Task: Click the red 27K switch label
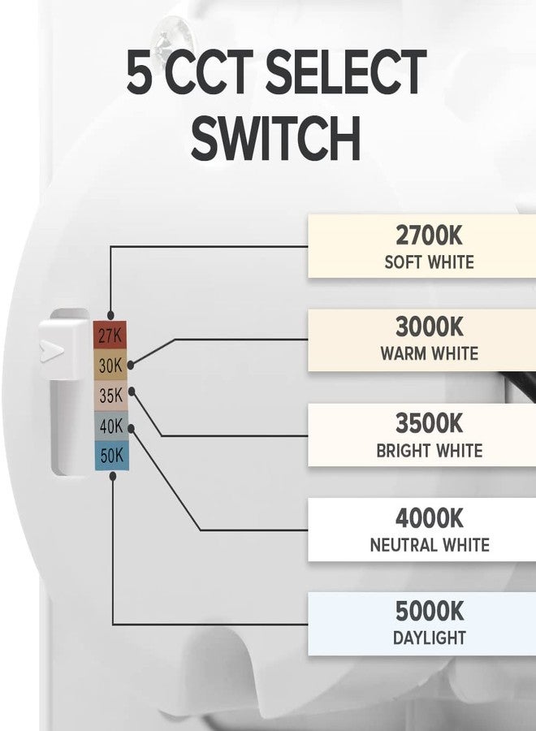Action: [110, 335]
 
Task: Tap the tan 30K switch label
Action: [110, 365]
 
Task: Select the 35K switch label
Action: [110, 396]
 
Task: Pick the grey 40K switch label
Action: [110, 426]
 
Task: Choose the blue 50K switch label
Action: [111, 456]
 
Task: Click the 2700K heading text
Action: [429, 236]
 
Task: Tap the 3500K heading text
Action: [430, 423]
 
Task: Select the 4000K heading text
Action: [430, 518]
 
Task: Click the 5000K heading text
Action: [430, 611]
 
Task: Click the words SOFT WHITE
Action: [430, 262]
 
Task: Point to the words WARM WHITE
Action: [430, 353]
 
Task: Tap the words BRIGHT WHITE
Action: [430, 451]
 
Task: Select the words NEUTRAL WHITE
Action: [430, 544]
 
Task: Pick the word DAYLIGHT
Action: [430, 638]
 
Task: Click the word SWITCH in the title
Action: [276, 137]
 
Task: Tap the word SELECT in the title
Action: [346, 72]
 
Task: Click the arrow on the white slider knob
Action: [51, 351]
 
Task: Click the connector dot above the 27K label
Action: [110, 315]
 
